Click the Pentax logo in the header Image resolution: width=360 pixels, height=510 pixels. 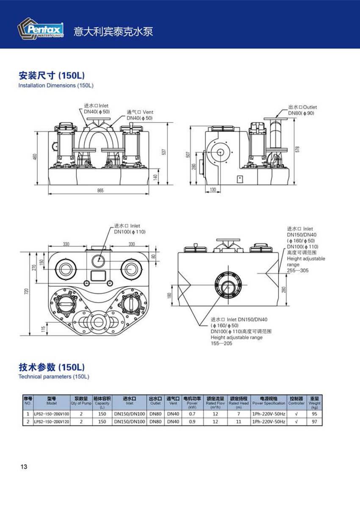pyautogui.click(x=41, y=29)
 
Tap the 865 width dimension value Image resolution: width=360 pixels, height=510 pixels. pyautogui.click(x=100, y=191)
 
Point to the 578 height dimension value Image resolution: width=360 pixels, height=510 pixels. pyautogui.click(x=297, y=150)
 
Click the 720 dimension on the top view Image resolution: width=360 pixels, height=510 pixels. pyautogui.click(x=26, y=292)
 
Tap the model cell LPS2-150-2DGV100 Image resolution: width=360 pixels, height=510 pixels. pyautogui.click(x=52, y=414)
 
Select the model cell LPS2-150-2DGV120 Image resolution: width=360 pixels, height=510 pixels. pyautogui.click(x=52, y=422)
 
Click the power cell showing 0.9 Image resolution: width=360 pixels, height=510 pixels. pyautogui.click(x=192, y=422)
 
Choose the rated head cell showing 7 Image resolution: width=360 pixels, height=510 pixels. pyautogui.click(x=238, y=414)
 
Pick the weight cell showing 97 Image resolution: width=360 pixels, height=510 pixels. pyautogui.click(x=314, y=422)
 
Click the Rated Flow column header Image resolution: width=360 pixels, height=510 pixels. pyautogui.click(x=215, y=401)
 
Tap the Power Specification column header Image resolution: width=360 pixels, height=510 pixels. pyautogui.click(x=269, y=401)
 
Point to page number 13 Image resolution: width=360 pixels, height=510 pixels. pyautogui.click(x=24, y=467)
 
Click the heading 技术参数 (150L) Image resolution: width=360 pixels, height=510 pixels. pyautogui.click(x=52, y=367)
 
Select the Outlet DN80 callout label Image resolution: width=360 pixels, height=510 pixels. pyautogui.click(x=302, y=110)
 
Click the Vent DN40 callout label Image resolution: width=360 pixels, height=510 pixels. pyautogui.click(x=140, y=115)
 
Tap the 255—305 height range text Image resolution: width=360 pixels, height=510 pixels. pyautogui.click(x=298, y=270)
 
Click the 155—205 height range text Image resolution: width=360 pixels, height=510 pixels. pyautogui.click(x=222, y=343)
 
